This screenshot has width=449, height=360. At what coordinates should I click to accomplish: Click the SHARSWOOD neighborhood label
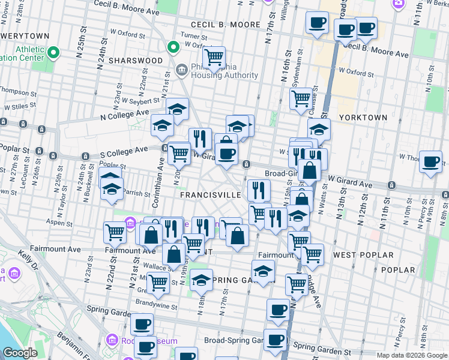136,61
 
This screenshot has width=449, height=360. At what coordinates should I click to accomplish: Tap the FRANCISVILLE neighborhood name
210,196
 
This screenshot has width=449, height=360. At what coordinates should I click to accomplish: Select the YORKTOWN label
363,118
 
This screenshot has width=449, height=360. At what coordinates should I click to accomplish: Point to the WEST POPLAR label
363,255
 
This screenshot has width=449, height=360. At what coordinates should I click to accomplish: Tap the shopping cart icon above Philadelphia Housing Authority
213,58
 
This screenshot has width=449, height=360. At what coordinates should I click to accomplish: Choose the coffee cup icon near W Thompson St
430,162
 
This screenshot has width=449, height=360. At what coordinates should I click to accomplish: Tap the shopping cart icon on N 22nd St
114,232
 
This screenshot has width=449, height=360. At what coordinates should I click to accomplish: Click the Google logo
20,353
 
